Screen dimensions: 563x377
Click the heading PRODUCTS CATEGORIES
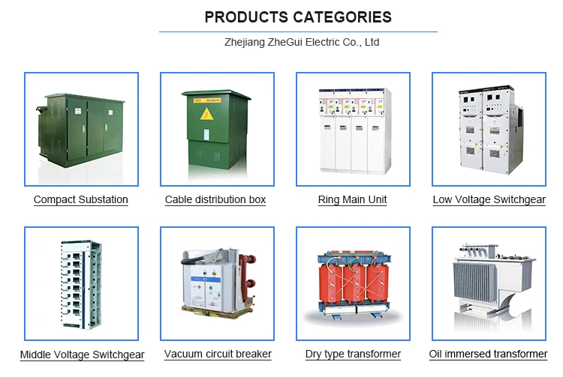coord(298,17)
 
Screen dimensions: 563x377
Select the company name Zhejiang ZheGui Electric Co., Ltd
coord(302,43)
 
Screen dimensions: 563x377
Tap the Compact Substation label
coord(81,200)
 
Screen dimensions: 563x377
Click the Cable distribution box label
coord(215,200)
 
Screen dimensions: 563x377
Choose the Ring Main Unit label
coord(353,200)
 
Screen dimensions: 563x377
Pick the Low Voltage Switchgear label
coord(489,200)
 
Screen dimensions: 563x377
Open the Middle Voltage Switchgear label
coord(82,355)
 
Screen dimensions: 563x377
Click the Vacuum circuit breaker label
coord(218,355)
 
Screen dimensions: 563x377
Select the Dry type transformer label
coord(353,355)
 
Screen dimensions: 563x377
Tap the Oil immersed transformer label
coord(488,355)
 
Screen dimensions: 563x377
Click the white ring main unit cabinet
coord(353,131)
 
